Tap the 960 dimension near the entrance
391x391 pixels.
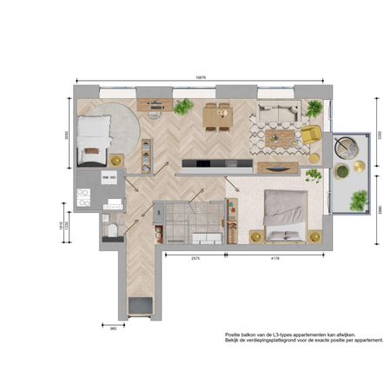(113, 328)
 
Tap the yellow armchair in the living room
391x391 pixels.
(310, 136)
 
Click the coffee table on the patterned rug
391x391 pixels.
(278, 137)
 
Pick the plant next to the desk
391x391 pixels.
(182, 107)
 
